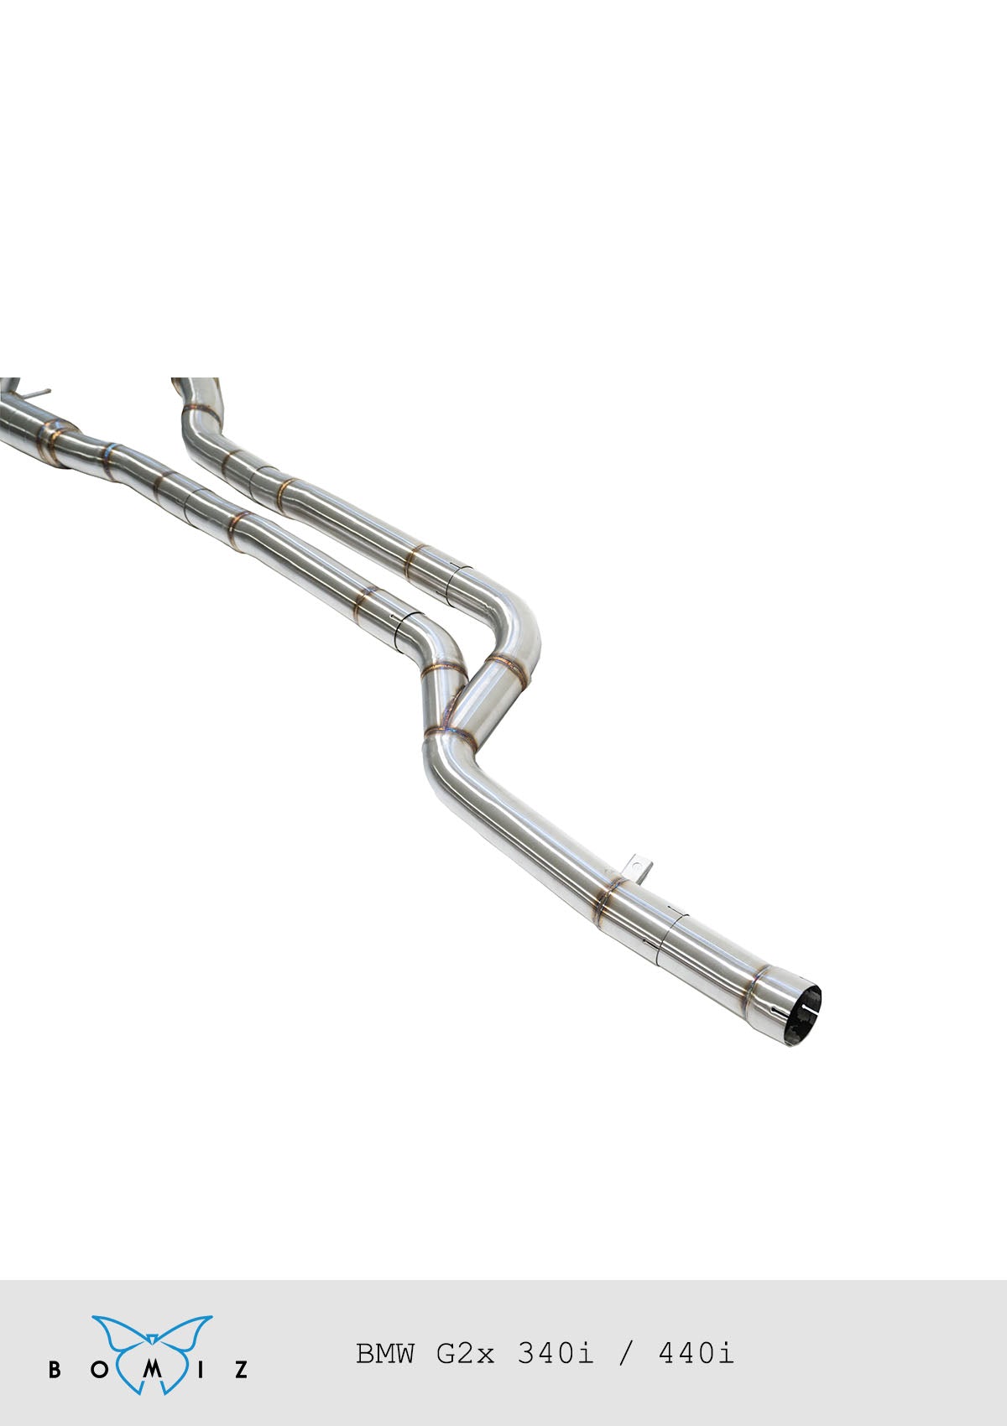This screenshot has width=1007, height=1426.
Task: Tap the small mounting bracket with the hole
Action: (x=641, y=867)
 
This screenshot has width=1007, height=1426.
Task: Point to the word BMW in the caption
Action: (x=384, y=1353)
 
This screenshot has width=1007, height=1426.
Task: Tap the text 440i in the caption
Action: (x=697, y=1353)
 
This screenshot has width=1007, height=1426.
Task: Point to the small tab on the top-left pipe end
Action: (x=38, y=393)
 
